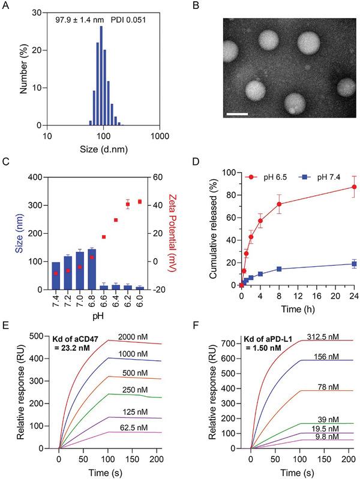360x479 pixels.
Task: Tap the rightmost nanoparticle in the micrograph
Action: [347, 88]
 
